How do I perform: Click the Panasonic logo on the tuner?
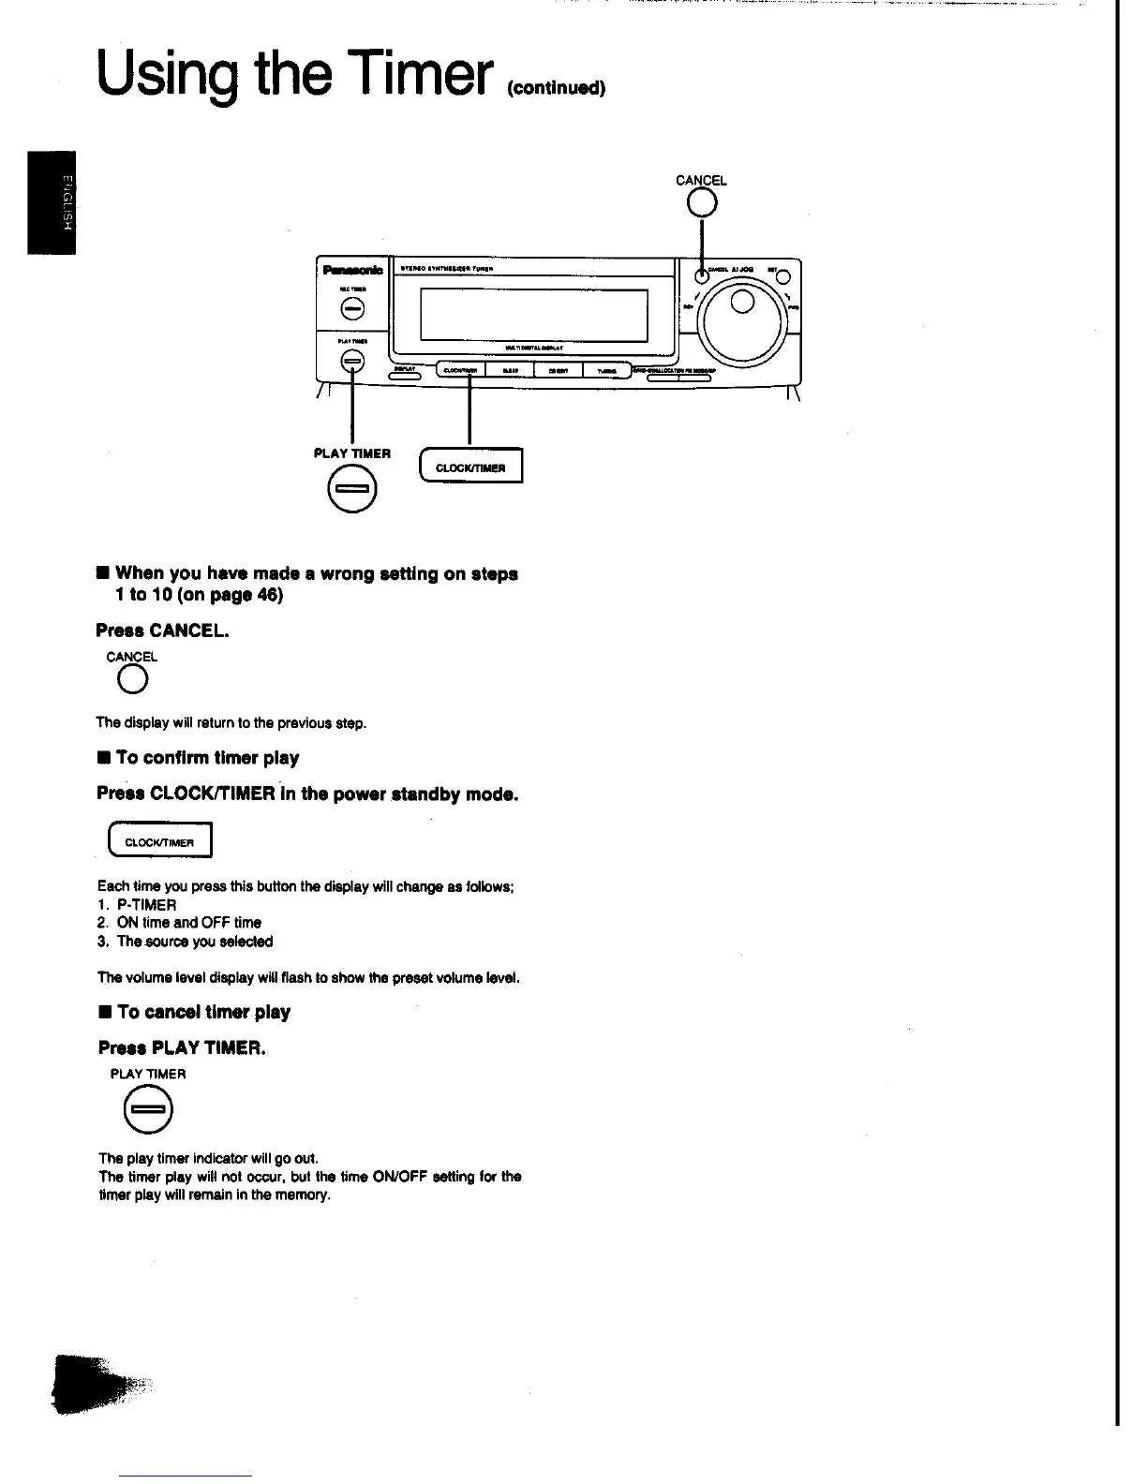tap(352, 270)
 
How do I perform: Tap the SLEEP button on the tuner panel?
tap(510, 369)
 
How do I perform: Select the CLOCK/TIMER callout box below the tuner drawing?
tap(471, 467)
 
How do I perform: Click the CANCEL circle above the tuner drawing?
tap(702, 202)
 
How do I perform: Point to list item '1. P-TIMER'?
tap(137, 905)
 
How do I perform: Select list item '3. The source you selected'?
tap(186, 942)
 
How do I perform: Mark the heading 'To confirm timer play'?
tap(207, 758)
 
